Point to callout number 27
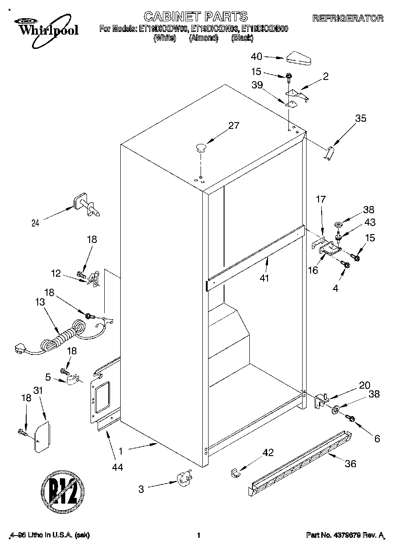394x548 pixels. tap(233, 126)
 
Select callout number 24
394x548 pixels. tap(35, 223)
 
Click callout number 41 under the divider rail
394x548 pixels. tap(267, 278)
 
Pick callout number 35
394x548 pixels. tap(361, 118)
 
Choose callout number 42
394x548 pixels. tap(268, 453)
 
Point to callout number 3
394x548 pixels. tap(141, 489)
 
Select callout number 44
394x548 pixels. tap(117, 467)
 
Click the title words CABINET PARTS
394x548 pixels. tap(196, 16)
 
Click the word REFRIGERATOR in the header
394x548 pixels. tap(348, 19)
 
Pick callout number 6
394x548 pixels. tap(377, 439)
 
